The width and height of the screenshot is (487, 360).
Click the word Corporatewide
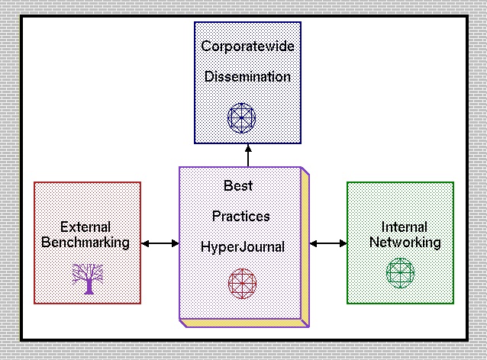point(247,47)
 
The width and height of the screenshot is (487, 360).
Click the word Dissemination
point(247,77)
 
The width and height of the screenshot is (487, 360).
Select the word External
point(85,227)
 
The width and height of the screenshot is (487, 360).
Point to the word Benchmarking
point(85,243)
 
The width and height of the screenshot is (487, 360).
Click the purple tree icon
point(87,278)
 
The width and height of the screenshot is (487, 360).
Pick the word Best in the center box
point(237,185)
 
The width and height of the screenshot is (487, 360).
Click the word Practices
point(240,216)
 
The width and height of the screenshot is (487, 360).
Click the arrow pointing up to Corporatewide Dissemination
point(247,155)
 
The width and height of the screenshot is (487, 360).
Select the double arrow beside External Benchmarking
point(160,243)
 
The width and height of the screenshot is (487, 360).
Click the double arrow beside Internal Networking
point(329,243)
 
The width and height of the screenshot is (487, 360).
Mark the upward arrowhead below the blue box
point(247,148)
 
